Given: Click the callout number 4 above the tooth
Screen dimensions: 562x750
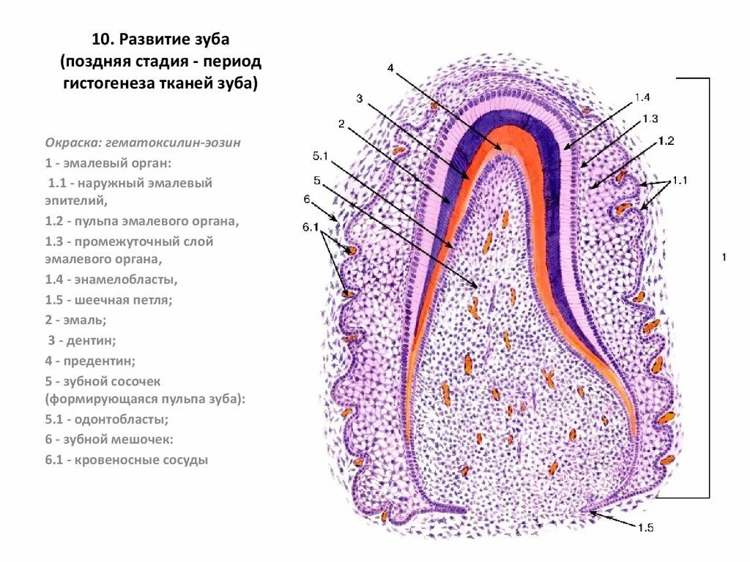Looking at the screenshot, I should (390, 68).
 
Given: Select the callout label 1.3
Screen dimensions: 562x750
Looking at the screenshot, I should (650, 119).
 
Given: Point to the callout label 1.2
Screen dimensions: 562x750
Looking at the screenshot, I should (666, 140).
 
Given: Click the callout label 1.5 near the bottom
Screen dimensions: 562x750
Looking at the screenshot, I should (645, 528).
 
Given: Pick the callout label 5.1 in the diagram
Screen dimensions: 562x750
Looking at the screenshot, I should (320, 157).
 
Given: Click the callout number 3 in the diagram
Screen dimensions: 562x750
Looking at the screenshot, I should (360, 98).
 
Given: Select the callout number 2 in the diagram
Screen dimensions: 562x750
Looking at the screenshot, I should (341, 124).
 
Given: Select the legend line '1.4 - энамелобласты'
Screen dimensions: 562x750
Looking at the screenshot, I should (113, 279).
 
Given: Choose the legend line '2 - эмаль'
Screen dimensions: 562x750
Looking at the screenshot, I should (75, 320).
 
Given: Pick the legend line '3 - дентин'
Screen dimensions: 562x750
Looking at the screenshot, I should (82, 340).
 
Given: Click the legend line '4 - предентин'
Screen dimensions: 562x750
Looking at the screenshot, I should (89, 361).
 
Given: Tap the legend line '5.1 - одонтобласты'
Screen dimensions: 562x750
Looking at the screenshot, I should (107, 419).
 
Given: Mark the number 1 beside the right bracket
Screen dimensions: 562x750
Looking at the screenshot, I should (724, 257).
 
